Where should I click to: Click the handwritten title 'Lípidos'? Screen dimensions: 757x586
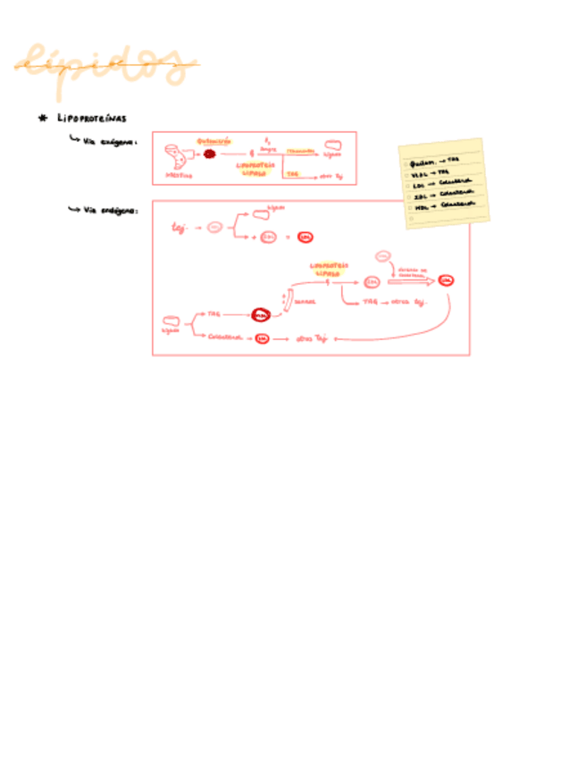click(105, 65)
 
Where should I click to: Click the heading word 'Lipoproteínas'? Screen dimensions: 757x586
click(92, 118)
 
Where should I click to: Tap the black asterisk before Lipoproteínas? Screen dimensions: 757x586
click(41, 118)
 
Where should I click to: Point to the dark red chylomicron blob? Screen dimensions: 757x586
click(210, 154)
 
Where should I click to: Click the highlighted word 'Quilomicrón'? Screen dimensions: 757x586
click(214, 140)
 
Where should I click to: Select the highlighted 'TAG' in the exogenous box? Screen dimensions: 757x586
click(292, 173)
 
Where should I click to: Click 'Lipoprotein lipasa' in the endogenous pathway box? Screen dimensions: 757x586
click(329, 269)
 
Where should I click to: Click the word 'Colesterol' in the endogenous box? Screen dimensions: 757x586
click(225, 337)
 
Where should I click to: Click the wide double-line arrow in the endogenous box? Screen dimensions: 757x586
click(412, 281)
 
